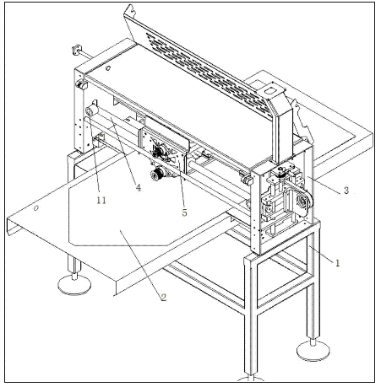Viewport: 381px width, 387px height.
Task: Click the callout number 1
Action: click(x=337, y=263)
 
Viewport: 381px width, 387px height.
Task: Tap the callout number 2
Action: click(x=164, y=297)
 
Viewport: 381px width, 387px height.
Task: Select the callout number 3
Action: click(x=346, y=191)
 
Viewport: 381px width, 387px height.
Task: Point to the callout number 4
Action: click(x=139, y=187)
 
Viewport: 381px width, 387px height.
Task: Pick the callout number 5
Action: click(x=184, y=212)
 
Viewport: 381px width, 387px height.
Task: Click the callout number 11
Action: click(x=101, y=200)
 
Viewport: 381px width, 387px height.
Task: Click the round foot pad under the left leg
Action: click(x=74, y=285)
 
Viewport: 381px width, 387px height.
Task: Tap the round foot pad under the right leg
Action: click(x=313, y=351)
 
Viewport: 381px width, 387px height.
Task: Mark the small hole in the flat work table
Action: click(x=35, y=208)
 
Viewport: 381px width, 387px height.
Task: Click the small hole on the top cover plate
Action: click(x=108, y=67)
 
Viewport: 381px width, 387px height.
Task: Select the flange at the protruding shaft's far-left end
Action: click(x=76, y=51)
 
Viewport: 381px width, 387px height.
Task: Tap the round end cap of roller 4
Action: click(x=90, y=112)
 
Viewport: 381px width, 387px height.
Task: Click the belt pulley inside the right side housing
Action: click(x=303, y=202)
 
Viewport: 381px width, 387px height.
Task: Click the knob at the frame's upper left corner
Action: click(x=81, y=85)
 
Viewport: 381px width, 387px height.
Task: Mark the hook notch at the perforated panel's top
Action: click(x=130, y=10)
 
